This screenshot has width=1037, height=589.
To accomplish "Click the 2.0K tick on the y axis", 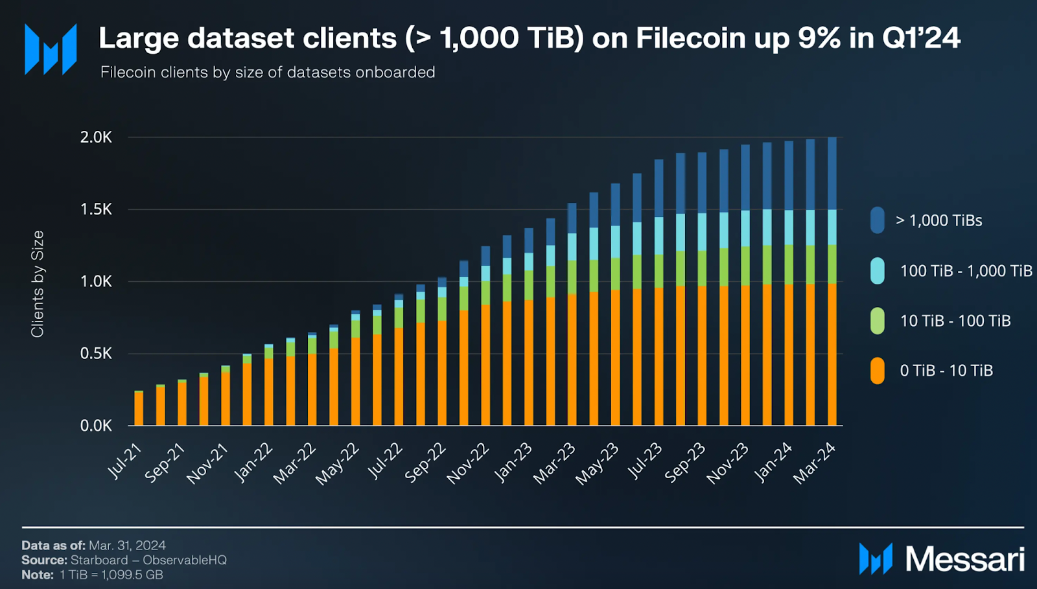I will [x=96, y=137].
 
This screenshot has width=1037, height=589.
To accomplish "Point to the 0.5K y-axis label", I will [x=96, y=354].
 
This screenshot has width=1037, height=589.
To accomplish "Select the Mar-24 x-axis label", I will [x=815, y=463].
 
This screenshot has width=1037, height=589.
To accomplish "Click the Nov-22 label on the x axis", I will [x=468, y=463].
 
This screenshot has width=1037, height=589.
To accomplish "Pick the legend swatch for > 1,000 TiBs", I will [x=878, y=220].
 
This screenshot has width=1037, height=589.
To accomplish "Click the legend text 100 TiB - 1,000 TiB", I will [x=966, y=271].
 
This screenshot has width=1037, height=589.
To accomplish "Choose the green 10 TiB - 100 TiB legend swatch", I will [x=878, y=321].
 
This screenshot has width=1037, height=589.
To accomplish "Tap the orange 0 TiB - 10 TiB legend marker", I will [x=878, y=371].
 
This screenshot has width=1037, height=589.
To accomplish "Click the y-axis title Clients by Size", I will [x=38, y=284].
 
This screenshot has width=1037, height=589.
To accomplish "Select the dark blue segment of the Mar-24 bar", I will [x=832, y=173].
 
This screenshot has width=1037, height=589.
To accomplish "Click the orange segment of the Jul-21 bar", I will [x=139, y=408].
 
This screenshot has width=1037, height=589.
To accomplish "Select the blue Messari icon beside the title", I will [x=51, y=49].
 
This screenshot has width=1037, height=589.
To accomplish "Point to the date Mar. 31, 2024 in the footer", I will [x=127, y=546].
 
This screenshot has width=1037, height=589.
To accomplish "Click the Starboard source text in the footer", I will [x=99, y=560].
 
